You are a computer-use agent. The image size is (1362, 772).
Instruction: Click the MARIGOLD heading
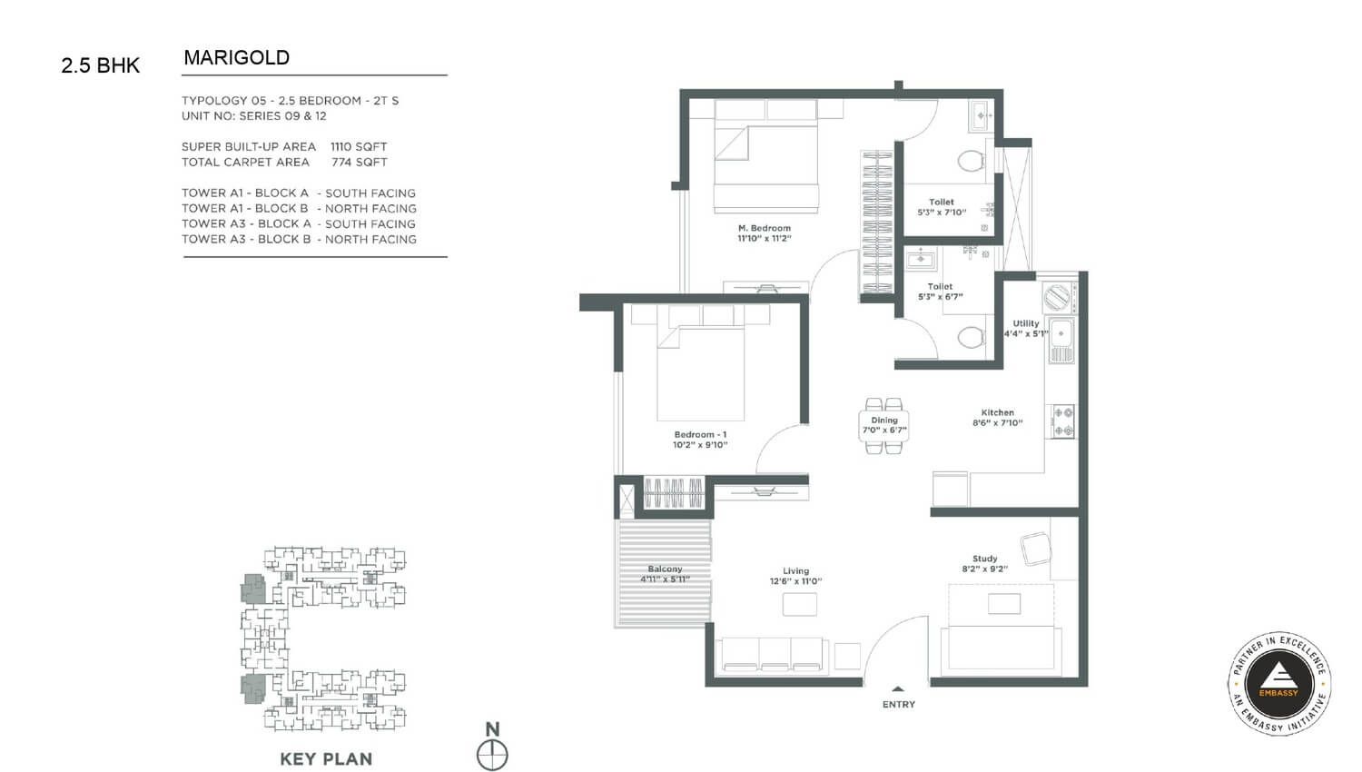point(236,58)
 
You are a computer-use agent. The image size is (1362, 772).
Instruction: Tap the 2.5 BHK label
point(100,65)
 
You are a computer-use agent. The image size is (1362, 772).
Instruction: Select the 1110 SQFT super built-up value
point(359,146)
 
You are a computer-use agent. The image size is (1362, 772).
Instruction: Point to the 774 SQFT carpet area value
point(360,162)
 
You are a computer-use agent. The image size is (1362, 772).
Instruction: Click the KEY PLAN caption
point(326,758)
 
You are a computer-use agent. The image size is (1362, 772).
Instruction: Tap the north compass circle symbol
point(492,756)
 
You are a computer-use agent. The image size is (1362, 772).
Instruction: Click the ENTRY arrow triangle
point(898,688)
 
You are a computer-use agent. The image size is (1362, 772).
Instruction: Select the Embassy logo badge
point(1278,683)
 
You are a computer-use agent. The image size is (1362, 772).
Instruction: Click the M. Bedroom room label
point(765,228)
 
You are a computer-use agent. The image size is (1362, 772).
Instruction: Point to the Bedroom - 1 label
point(700,434)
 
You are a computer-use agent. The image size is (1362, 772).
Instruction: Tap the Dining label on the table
point(884,420)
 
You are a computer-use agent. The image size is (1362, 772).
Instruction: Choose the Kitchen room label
point(998,411)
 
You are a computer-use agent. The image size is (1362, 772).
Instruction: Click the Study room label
point(985,558)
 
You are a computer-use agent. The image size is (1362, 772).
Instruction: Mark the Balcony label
point(665,569)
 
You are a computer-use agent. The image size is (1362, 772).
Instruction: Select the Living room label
point(796,570)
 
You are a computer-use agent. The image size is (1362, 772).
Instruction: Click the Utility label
point(1026,323)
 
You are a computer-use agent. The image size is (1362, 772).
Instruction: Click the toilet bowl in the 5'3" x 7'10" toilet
point(971,162)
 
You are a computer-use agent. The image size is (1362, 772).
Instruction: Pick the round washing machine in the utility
point(1057,298)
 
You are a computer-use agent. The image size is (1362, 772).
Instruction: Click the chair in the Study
point(1035,549)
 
